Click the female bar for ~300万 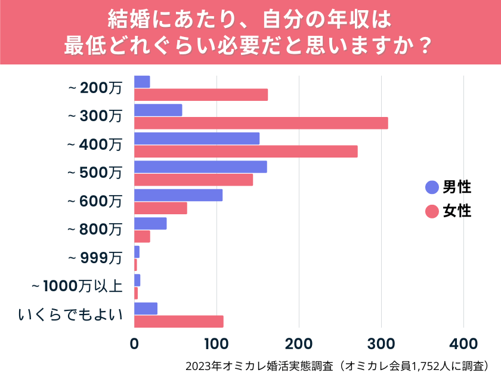[x=261, y=123]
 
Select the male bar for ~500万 [x=200, y=167]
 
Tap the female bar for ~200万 [x=201, y=94]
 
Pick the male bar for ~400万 [x=197, y=138]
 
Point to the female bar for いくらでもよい [x=178, y=322]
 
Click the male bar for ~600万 [x=178, y=195]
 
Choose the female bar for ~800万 [x=142, y=236]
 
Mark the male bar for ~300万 [x=158, y=110]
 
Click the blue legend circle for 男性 [x=432, y=187]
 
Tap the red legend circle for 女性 [x=432, y=211]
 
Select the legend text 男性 [x=457, y=187]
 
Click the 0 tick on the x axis [x=134, y=344]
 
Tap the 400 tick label [x=463, y=344]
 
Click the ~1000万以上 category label [x=77, y=286]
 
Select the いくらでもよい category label [x=70, y=314]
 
